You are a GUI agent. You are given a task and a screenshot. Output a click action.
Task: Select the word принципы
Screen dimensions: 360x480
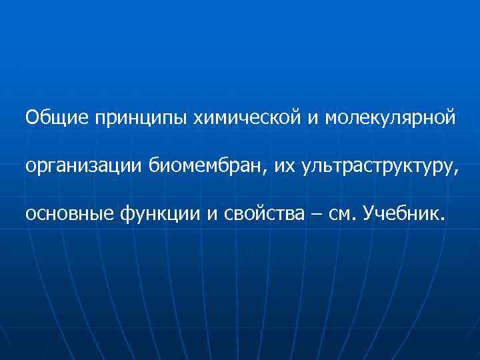point(142,119)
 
